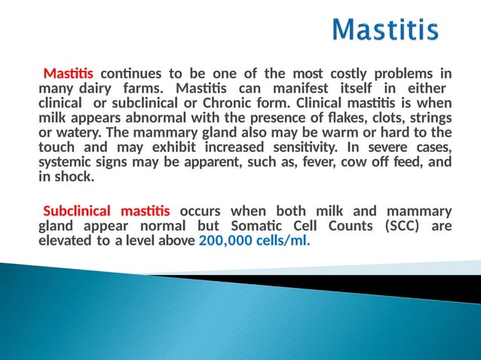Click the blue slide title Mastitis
385,30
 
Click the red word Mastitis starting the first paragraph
69,74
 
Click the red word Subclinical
76,212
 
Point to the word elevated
64,241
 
